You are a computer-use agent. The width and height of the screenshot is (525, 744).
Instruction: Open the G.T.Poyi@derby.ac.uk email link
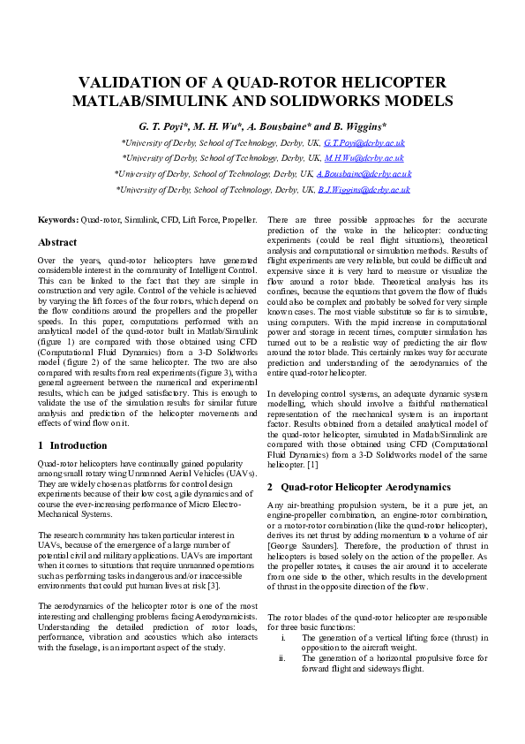[364, 142]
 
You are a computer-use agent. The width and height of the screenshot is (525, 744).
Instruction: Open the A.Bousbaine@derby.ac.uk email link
[364, 174]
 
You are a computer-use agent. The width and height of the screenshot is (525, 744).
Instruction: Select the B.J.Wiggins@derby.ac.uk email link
[364, 190]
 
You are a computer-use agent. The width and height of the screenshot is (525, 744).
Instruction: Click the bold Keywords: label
[57, 219]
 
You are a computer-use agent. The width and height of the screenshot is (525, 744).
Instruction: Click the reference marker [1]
[312, 464]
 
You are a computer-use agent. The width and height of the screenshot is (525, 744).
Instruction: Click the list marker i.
[282, 637]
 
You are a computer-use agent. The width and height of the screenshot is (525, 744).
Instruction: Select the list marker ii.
[282, 657]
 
